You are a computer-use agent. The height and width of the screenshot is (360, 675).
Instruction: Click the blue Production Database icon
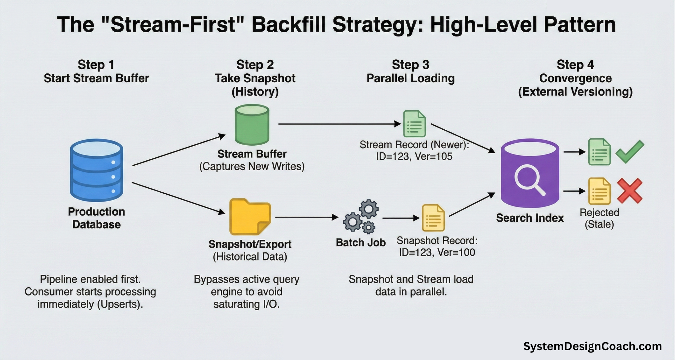(x=97, y=170)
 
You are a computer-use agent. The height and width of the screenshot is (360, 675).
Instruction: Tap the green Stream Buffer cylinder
(x=252, y=125)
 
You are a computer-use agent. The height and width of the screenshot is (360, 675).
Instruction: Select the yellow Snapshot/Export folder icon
(x=250, y=217)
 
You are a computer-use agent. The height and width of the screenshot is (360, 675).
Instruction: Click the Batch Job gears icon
(x=361, y=216)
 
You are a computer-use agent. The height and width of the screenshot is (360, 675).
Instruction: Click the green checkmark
(x=630, y=152)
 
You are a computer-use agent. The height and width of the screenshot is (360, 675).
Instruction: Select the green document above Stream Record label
(x=414, y=124)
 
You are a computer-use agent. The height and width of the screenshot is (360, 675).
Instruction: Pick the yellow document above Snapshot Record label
(x=433, y=218)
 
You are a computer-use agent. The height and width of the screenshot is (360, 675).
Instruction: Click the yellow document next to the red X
(x=599, y=191)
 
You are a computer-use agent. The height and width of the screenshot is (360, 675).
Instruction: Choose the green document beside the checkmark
(x=599, y=152)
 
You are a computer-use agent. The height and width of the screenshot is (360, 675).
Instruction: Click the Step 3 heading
(x=410, y=65)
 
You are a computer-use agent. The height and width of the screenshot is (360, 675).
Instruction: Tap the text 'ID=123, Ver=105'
(x=414, y=156)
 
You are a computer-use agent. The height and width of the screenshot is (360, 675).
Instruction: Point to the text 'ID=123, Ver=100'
(x=437, y=253)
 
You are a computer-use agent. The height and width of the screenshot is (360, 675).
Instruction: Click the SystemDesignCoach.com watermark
(x=592, y=346)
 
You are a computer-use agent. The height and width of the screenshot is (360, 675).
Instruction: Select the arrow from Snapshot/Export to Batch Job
(x=307, y=217)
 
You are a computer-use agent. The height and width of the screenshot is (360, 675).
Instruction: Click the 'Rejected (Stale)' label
(x=599, y=218)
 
